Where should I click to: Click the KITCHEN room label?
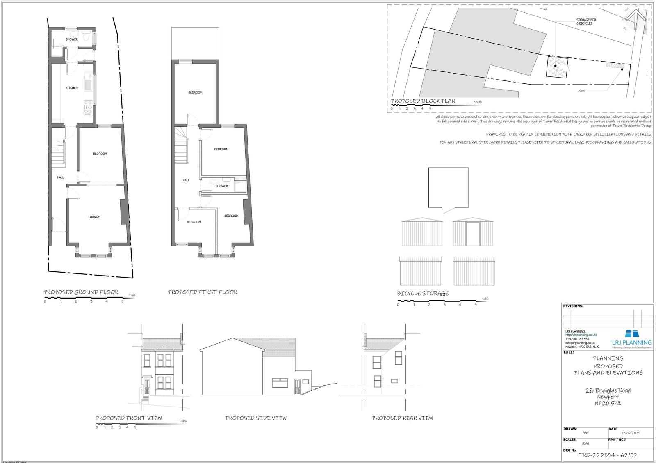pyautogui.click(x=72, y=88)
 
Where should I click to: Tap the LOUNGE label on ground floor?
pyautogui.click(x=94, y=217)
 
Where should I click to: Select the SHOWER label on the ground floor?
pyautogui.click(x=72, y=39)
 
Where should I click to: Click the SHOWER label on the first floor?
pyautogui.click(x=221, y=186)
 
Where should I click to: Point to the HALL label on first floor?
pyautogui.click(x=186, y=180)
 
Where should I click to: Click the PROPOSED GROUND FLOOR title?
pyautogui.click(x=81, y=292)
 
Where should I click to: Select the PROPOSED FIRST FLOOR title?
pyautogui.click(x=203, y=292)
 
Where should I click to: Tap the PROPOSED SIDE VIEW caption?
pyautogui.click(x=256, y=418)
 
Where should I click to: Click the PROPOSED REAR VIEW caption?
pyautogui.click(x=402, y=418)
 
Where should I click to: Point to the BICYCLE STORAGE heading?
pyautogui.click(x=422, y=294)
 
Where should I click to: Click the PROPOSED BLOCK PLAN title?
pyautogui.click(x=423, y=101)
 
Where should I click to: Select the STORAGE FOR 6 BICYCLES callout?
pyautogui.click(x=586, y=22)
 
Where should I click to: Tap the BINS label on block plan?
pyautogui.click(x=581, y=91)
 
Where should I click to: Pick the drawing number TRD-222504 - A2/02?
pyautogui.click(x=608, y=455)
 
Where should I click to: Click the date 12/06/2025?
pyautogui.click(x=631, y=433)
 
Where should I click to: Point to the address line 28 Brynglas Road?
pyautogui.click(x=608, y=390)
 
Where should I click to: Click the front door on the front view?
pyautogui.click(x=146, y=385)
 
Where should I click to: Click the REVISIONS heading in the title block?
pyautogui.click(x=573, y=306)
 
